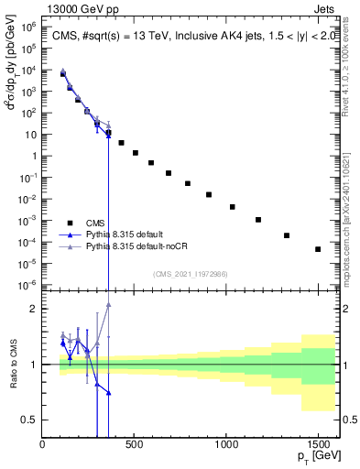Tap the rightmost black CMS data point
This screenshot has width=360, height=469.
point(318,249)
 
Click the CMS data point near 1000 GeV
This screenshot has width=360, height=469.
point(233,207)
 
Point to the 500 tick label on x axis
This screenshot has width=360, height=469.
point(135,446)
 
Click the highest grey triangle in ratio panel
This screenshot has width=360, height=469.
point(108,305)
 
